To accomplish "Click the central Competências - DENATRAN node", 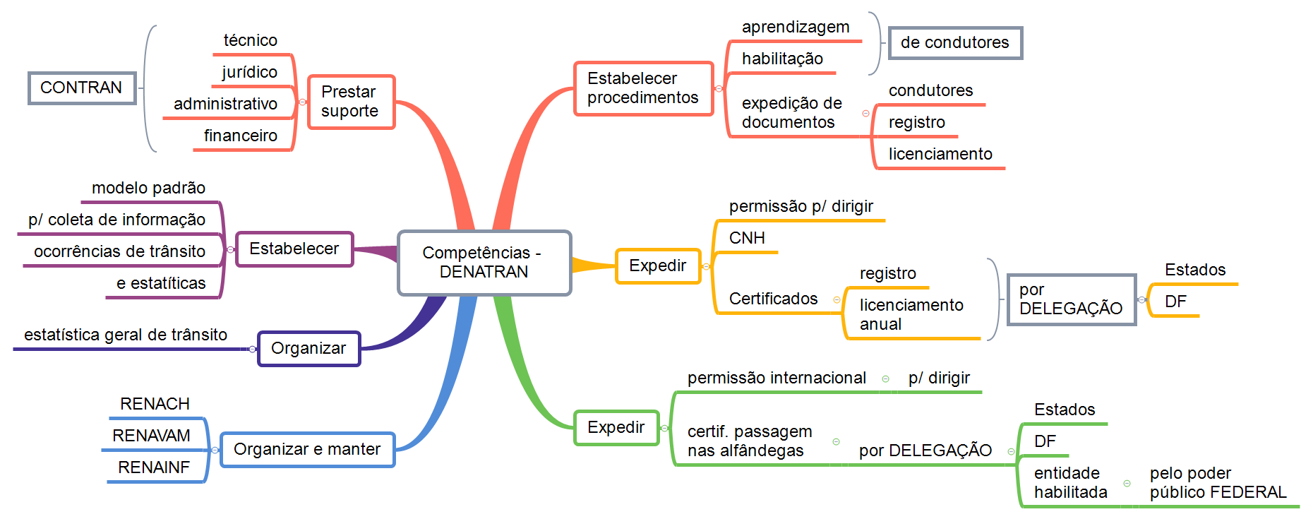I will [484, 262].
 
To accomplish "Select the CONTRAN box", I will [81, 88].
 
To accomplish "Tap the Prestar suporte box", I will [351, 102].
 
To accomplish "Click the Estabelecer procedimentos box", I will [643, 88].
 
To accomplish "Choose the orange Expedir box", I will [657, 266].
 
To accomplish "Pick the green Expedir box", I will [616, 428].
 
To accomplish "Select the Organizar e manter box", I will [307, 450].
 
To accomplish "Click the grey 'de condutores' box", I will [954, 43].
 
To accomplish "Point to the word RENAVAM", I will [151, 436].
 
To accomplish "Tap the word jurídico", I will [250, 72].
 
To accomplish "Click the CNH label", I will [747, 238].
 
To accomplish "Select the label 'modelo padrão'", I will [148, 188].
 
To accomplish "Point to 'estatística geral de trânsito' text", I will [126, 335].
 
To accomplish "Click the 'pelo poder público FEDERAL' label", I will [1218, 483].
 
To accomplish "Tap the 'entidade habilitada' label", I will [1070, 483].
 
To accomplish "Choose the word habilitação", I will [782, 59].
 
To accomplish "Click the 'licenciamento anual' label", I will [911, 315].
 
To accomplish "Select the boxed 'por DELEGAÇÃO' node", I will [1071, 299].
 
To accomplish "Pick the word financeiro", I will [241, 136].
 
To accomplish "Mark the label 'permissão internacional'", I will [777, 378].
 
